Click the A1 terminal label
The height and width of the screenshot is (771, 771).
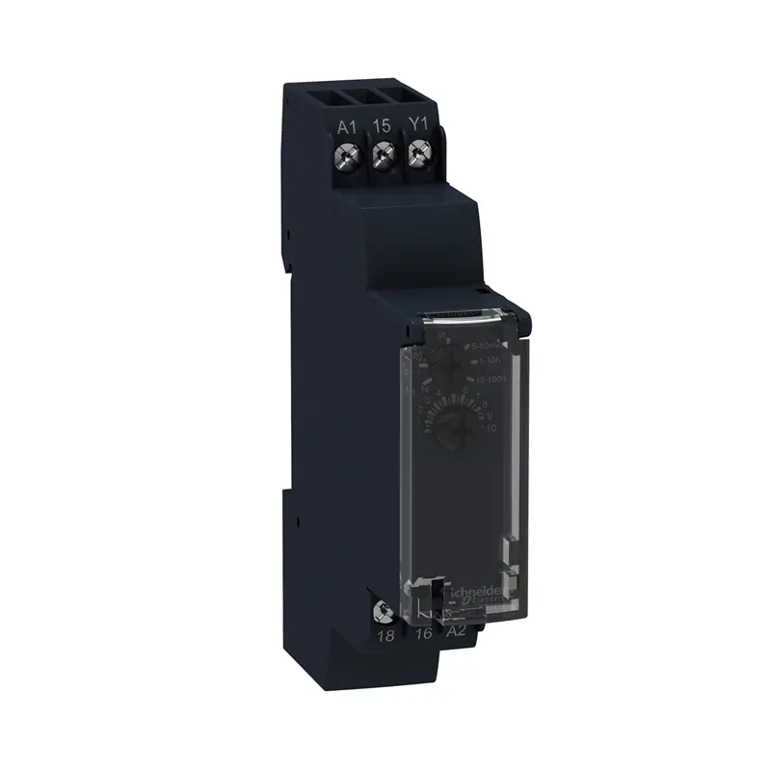[x=348, y=126]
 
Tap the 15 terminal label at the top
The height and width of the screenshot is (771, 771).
[x=383, y=126]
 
